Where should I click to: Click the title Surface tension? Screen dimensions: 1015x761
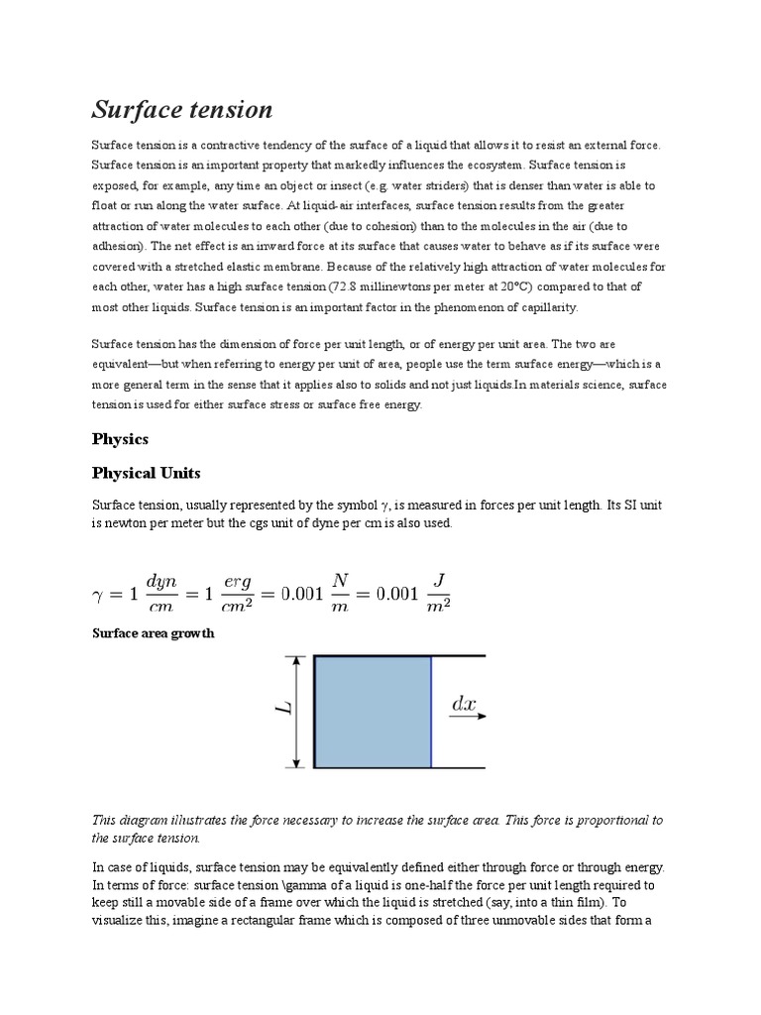point(182,109)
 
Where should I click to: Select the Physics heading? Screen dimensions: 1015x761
point(120,438)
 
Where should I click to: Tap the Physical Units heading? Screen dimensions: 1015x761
point(146,473)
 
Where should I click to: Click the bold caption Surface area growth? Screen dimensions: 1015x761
point(153,633)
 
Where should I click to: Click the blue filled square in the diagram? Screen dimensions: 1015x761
point(373,712)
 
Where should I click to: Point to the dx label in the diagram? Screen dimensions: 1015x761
point(464,705)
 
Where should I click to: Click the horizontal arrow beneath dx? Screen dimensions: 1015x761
point(467,718)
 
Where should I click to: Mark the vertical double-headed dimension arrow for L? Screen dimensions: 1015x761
point(295,712)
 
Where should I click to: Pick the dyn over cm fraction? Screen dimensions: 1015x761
point(161,594)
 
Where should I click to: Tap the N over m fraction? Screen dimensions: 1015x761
point(340,594)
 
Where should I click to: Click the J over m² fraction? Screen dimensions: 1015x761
point(432,594)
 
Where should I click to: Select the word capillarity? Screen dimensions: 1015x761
point(543,306)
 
